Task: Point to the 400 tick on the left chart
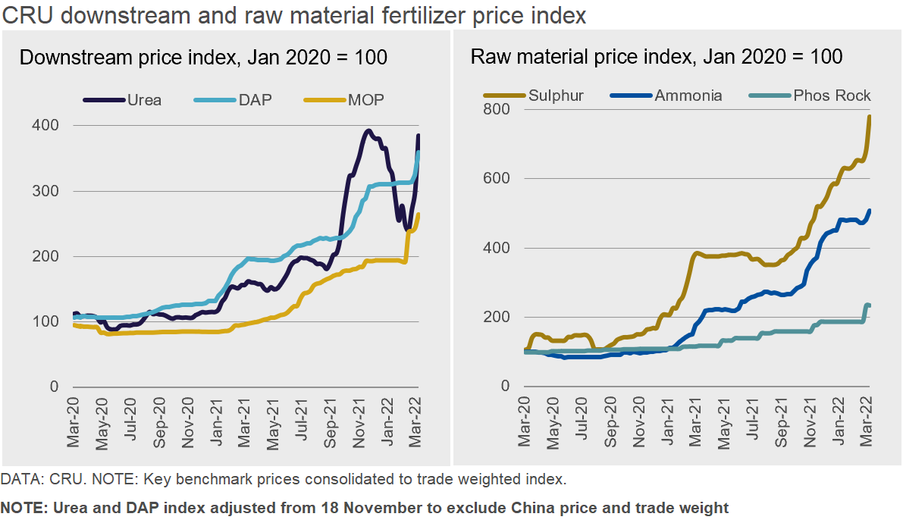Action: coord(45,125)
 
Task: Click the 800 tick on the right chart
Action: coord(497,109)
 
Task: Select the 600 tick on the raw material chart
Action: coord(497,179)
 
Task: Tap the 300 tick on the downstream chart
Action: coord(45,191)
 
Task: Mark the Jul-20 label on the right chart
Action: coord(582,421)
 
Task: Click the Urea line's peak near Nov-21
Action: coord(368,131)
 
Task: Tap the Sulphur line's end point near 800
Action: coord(869,117)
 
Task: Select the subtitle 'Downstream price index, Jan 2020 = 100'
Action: coord(203,58)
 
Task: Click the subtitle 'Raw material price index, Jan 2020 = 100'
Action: coord(657,58)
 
